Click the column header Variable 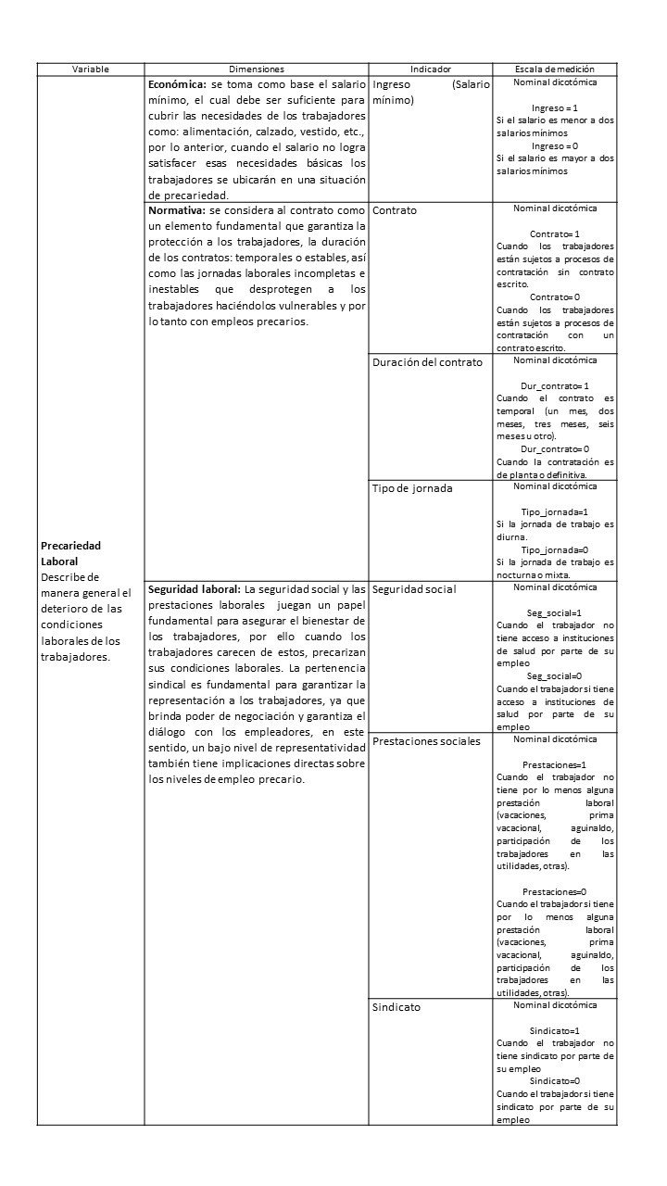[91, 69]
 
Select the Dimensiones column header [257, 69]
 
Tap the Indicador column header [430, 69]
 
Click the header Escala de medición [555, 69]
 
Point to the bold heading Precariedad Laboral [70, 553]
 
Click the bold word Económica [177, 83]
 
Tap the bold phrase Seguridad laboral [195, 589]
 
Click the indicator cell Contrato [395, 210]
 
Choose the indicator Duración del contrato [427, 362]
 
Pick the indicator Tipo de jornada [412, 488]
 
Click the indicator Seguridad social [414, 589]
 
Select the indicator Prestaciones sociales [426, 741]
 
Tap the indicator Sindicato [396, 1007]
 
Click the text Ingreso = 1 [555, 108]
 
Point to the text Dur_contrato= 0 [555, 449]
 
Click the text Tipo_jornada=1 [555, 511]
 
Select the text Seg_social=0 [555, 676]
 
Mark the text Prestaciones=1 [555, 765]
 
